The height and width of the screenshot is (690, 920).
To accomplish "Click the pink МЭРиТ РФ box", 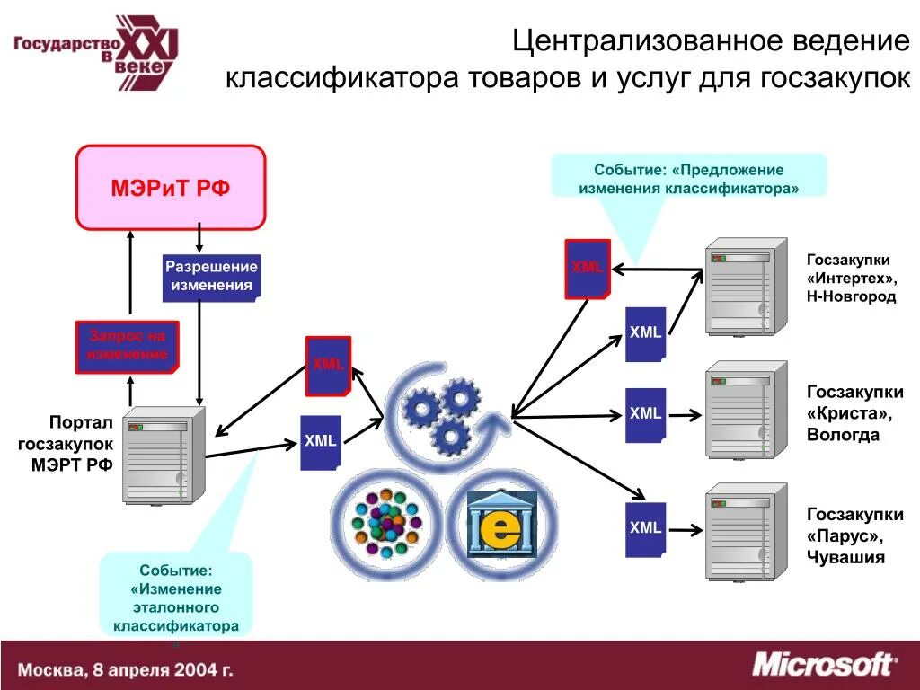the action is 171,188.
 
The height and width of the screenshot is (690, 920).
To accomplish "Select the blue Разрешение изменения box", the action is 211,277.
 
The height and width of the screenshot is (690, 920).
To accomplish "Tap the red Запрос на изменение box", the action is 127,347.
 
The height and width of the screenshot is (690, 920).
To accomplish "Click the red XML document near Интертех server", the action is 588,269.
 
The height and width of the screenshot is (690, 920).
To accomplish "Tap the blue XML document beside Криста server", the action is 645,414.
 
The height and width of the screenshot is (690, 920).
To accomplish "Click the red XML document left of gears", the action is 328,365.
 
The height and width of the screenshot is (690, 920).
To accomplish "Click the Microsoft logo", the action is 822,665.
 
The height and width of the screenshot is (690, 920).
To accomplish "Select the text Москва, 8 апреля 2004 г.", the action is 126,669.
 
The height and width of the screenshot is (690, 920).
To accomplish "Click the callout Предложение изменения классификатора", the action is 688,179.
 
